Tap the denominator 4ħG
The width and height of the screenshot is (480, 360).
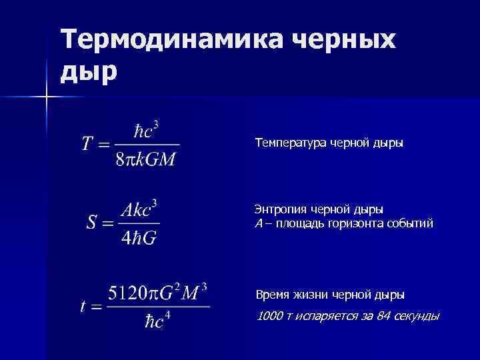(x=139, y=238)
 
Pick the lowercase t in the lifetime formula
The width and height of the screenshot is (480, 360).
(x=83, y=307)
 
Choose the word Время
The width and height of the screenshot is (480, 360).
(x=273, y=294)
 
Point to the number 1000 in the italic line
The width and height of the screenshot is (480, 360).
(x=269, y=315)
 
